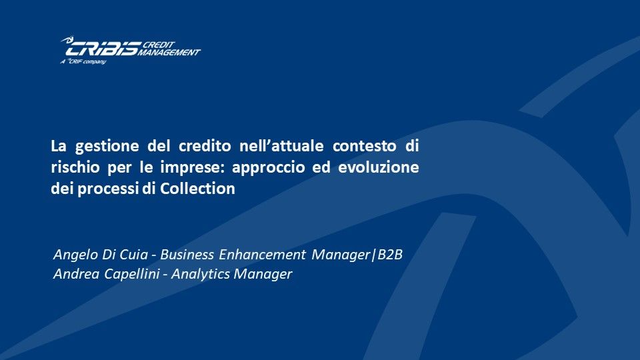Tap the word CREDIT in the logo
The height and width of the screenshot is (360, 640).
(x=159, y=45)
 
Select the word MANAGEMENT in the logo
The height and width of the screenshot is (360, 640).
(x=169, y=52)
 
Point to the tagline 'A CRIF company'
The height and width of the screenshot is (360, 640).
(x=83, y=61)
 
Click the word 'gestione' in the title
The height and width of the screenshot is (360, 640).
(x=107, y=147)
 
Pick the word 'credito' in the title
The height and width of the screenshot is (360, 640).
(x=205, y=146)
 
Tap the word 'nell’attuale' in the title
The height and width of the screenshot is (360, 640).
(x=281, y=146)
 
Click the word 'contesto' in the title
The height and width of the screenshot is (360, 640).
(x=365, y=146)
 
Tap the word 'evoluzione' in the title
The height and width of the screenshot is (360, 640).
(x=379, y=167)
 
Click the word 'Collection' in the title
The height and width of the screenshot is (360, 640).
(x=197, y=189)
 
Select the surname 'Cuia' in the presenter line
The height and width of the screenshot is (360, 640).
(x=134, y=255)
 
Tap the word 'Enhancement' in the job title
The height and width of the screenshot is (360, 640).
(x=263, y=255)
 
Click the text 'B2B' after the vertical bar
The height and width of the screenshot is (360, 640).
(x=390, y=255)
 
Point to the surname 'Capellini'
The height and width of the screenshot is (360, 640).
(x=132, y=274)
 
